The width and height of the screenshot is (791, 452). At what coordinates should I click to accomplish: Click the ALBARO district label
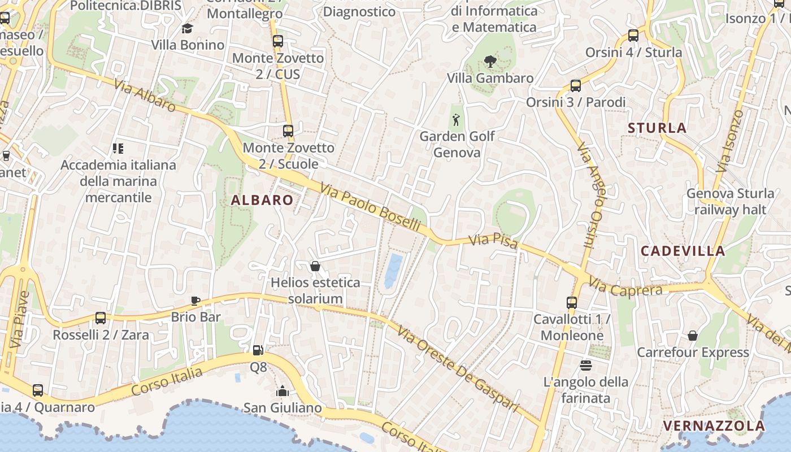coord(262,200)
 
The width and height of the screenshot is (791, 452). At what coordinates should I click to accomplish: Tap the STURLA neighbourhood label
coord(657,128)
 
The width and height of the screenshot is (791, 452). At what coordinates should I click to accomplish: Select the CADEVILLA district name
coord(683,251)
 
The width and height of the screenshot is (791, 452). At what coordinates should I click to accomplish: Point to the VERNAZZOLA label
coord(714,425)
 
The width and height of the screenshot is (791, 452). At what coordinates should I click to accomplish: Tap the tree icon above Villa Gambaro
coord(490,61)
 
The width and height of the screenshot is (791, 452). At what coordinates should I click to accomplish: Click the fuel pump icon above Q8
coord(258,350)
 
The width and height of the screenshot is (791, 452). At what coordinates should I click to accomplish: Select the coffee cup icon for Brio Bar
coord(195,300)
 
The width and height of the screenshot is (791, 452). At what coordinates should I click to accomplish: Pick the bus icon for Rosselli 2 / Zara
coord(101,318)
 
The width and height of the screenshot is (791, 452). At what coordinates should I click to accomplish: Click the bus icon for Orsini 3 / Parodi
coord(575,86)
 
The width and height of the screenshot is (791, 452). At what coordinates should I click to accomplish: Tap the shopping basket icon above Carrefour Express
coord(693,336)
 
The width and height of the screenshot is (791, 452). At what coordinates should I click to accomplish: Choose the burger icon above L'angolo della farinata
coord(585,365)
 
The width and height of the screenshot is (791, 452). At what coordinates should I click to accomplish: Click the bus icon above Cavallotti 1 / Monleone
coord(572,302)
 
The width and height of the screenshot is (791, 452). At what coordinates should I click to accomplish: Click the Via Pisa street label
coord(493,241)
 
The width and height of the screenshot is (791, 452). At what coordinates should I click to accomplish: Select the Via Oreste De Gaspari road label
coord(458,368)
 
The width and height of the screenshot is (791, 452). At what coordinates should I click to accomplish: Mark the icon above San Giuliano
coord(282,390)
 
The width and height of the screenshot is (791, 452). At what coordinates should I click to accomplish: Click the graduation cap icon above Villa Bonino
coord(187,28)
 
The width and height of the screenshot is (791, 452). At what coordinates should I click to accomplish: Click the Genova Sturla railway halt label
coord(730,202)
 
